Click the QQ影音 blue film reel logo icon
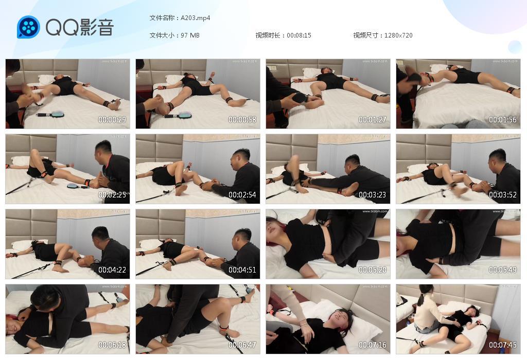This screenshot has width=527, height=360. coord(28,27)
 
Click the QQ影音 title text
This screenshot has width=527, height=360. coord(79,27)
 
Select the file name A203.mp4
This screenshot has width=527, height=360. coord(195,18)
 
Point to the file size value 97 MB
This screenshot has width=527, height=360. coord(190,35)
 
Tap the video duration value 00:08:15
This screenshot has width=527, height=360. coord(299,35)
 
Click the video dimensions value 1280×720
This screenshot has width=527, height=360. coord(398,35)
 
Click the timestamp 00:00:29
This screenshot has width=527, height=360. coord(112,120)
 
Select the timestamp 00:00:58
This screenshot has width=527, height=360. coord(242,120)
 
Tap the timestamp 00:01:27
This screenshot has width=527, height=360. coord(373,120)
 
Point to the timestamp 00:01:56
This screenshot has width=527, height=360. coord(503,120)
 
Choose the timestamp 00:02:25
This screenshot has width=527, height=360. coord(112,195)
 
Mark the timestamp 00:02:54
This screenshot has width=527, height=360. coord(242,195)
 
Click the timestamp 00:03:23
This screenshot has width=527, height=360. coord(373,195)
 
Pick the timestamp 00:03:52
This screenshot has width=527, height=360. coord(503,195)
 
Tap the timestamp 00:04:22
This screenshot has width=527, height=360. coord(112,270)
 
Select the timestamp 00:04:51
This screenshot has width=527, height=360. coord(242,270)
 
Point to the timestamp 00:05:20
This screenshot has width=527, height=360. coord(373,270)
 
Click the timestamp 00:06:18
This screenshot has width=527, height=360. coord(112,345)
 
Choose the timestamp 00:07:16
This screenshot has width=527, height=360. coord(373,345)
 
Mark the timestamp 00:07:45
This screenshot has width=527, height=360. coord(503,345)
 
